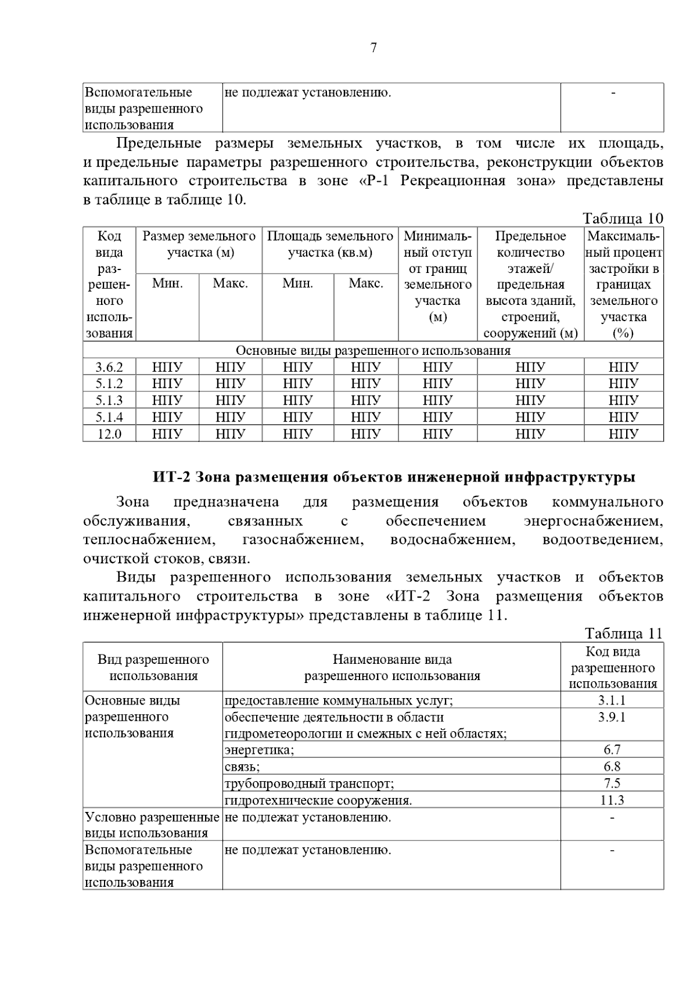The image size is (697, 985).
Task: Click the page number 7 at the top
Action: click(x=373, y=48)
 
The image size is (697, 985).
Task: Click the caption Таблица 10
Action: click(x=623, y=218)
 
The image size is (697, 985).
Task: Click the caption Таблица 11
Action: click(x=623, y=633)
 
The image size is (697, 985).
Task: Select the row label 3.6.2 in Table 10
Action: click(x=109, y=367)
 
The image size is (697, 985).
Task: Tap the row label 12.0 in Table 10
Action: click(x=109, y=434)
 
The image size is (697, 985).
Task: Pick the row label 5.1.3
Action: click(x=109, y=400)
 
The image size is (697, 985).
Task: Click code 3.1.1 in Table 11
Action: click(x=612, y=700)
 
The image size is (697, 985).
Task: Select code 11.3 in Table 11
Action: click(x=612, y=800)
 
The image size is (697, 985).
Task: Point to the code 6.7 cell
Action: click(x=612, y=750)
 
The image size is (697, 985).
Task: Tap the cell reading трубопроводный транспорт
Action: click(x=309, y=783)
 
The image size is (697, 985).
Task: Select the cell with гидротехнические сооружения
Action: click(x=318, y=800)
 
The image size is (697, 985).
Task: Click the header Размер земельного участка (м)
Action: click(x=199, y=245)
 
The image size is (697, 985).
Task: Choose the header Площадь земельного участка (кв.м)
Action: click(x=330, y=245)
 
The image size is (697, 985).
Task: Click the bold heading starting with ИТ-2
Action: click(x=394, y=477)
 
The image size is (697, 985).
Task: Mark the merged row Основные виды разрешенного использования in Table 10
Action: click(x=373, y=351)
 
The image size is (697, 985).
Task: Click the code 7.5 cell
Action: click(x=612, y=783)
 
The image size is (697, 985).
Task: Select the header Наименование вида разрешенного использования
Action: click(x=392, y=667)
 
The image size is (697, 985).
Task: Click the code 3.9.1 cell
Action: click(x=612, y=717)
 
